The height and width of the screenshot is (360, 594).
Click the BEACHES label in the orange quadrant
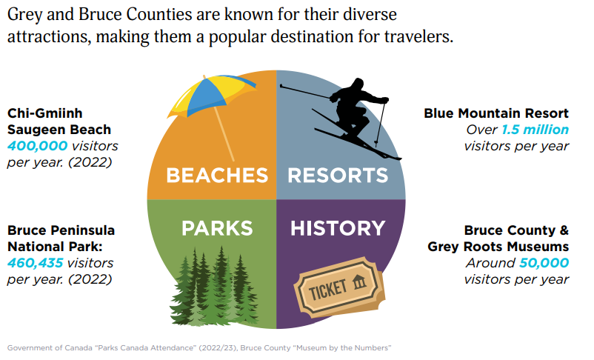[217, 175]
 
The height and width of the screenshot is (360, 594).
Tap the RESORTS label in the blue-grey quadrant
[338, 175]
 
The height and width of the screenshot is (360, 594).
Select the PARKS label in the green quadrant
[217, 228]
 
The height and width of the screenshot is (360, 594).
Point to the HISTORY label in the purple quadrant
[338, 228]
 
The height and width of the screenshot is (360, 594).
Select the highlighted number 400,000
[38, 146]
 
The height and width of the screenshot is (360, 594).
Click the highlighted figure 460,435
[36, 263]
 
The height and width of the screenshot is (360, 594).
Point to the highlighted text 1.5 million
[535, 130]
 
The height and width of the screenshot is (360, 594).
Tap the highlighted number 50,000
[544, 263]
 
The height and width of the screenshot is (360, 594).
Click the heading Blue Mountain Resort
[496, 113]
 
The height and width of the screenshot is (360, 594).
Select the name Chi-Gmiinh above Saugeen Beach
[44, 113]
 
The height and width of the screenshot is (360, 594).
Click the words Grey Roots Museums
[498, 247]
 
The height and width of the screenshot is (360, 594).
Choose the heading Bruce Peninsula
[61, 230]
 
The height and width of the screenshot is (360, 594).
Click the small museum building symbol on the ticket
[359, 282]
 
